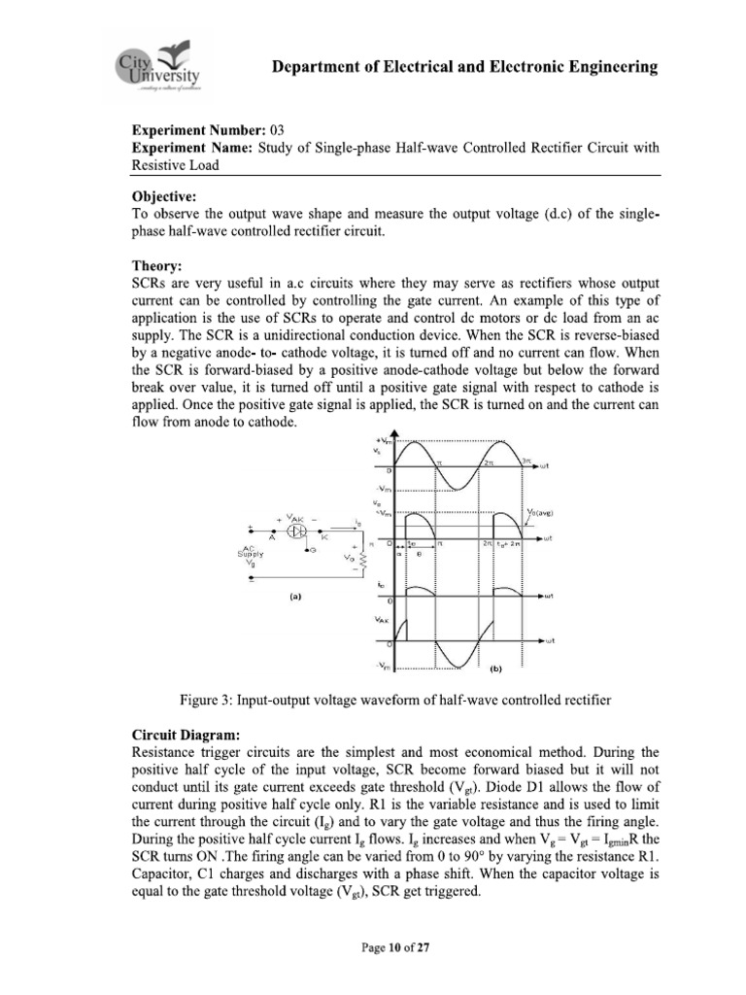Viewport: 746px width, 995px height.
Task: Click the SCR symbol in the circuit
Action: coord(300,532)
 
